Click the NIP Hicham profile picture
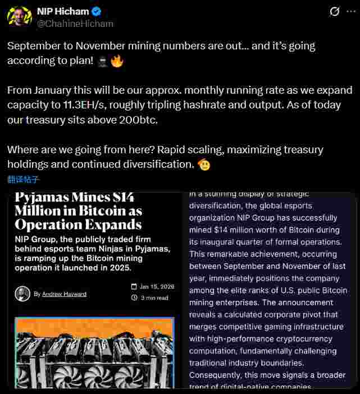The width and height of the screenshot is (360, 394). (x=19, y=17)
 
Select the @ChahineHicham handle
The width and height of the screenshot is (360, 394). (x=75, y=24)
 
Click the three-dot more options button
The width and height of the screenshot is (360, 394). (x=351, y=11)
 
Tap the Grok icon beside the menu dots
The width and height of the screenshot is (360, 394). (x=334, y=11)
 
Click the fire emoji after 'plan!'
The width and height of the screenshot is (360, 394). (x=117, y=61)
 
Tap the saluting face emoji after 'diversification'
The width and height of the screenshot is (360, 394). (x=204, y=164)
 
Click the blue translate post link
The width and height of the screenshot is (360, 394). (x=24, y=180)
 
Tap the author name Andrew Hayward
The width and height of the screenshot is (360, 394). (x=64, y=294)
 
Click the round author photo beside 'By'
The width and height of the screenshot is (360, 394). (x=22, y=294)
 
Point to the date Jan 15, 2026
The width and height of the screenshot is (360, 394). (x=157, y=286)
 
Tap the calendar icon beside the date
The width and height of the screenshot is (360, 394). (x=134, y=286)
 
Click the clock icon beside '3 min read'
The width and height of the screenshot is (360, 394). (x=134, y=298)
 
